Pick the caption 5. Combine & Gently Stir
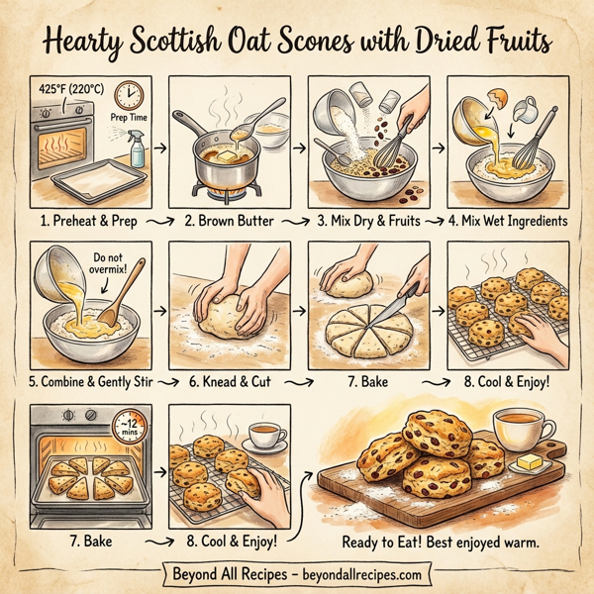[x=90, y=379]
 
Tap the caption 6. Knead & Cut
[x=233, y=379]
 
